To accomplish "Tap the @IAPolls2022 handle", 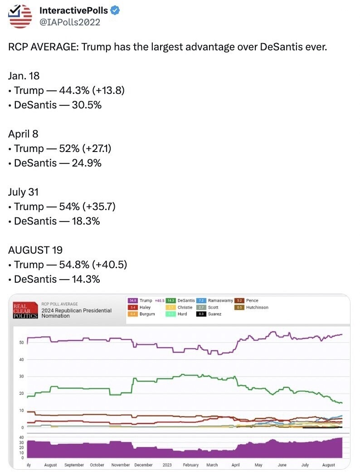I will pos(70,22).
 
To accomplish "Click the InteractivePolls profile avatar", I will pos(21,16).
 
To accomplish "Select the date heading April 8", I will pos(23,134).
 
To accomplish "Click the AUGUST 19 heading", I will pos(35,250).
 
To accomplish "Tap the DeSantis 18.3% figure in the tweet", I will pos(86,221).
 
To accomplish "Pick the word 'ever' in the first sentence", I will pos(316,47).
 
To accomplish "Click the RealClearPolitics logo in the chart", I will pos(25,310).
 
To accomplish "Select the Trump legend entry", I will pos(146,300).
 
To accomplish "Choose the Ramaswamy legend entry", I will pos(220,300).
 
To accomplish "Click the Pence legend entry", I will pos(252,300).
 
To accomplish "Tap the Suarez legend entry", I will pos(214,314).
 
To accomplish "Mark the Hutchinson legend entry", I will pos(257,307).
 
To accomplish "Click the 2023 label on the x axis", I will pos(167,465).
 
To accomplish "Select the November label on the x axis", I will pos(121,465).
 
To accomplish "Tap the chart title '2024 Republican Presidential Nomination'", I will pos(76,313).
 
